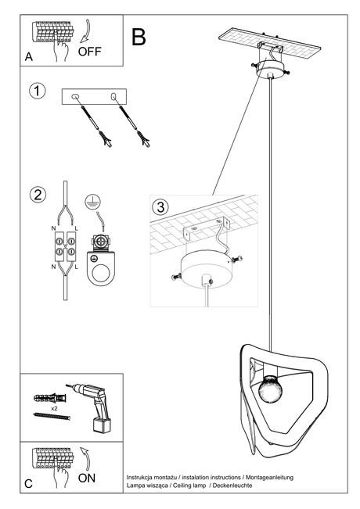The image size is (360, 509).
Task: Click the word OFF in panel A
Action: tap(91, 52)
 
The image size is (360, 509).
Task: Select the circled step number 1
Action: tap(36, 91)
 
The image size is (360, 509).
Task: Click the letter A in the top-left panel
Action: tap(29, 57)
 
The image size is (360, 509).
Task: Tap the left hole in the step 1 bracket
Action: tap(75, 95)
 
